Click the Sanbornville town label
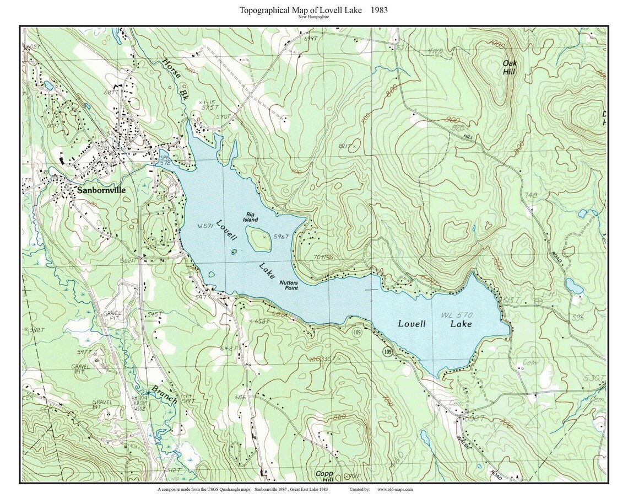(x=101, y=190)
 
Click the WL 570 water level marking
(x=457, y=315)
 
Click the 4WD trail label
(x=435, y=51)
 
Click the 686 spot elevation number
(x=240, y=397)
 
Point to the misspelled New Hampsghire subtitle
(x=314, y=17)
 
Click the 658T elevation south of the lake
(x=262, y=321)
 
